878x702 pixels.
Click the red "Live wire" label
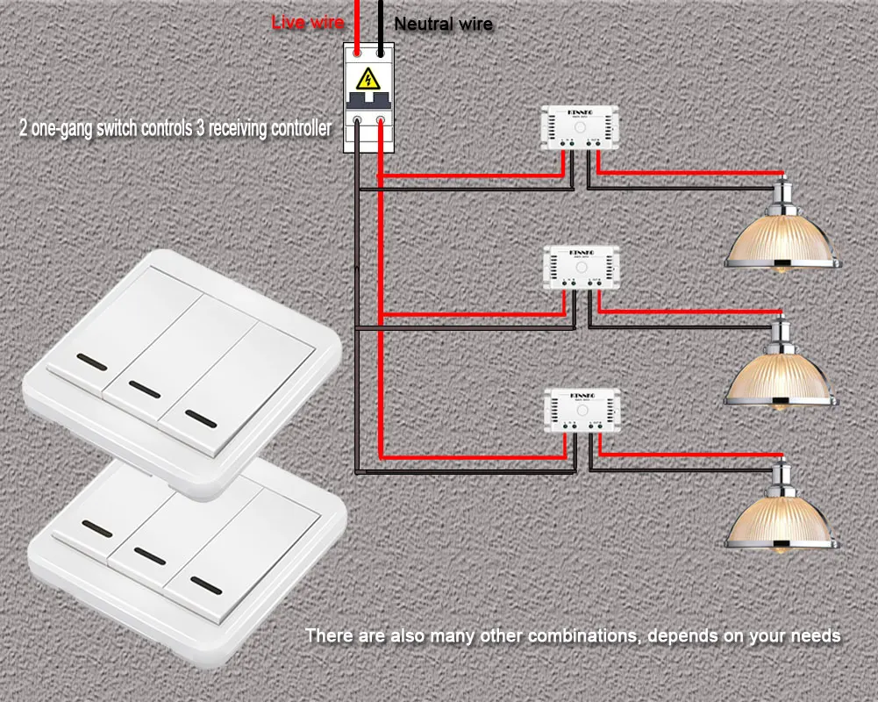click(x=307, y=23)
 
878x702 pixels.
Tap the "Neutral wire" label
click(x=443, y=25)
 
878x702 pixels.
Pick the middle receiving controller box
click(x=582, y=267)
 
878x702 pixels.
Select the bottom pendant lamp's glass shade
click(x=780, y=521)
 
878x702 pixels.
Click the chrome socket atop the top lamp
click(x=780, y=190)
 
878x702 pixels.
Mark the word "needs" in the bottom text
click(x=816, y=635)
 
